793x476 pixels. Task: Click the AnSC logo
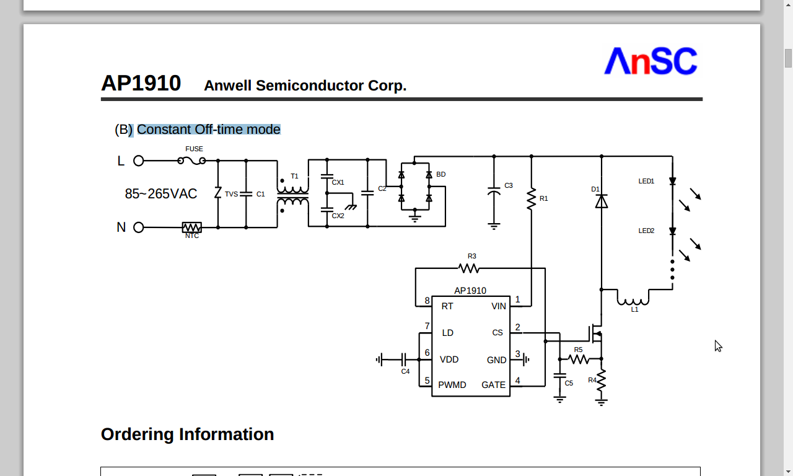(651, 61)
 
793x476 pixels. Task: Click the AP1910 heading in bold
(141, 83)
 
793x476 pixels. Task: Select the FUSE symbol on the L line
(192, 161)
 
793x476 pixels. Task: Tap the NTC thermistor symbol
(192, 227)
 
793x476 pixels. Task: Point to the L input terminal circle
(139, 161)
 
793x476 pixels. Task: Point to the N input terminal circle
(139, 227)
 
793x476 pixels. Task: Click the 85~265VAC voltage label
(161, 194)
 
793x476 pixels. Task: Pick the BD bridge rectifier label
(440, 174)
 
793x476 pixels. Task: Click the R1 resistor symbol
(531, 199)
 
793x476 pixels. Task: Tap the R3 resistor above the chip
(469, 268)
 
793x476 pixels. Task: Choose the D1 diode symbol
(601, 201)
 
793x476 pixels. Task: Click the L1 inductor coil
(633, 299)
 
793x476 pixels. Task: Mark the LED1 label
(646, 181)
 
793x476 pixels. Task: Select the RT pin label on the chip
(447, 306)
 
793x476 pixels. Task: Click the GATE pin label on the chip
(493, 385)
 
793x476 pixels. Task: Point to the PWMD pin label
(452, 385)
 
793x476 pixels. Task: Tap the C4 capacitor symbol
(404, 359)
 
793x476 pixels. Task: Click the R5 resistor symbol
(579, 359)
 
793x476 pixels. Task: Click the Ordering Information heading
(187, 434)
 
